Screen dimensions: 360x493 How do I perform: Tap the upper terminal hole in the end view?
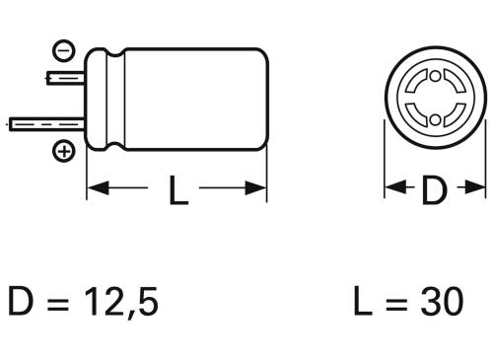pos(434,78)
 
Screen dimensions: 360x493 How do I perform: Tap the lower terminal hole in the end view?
pos(434,119)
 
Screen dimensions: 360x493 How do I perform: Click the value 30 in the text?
pos(439,301)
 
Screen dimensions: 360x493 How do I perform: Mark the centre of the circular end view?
pos(434,99)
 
